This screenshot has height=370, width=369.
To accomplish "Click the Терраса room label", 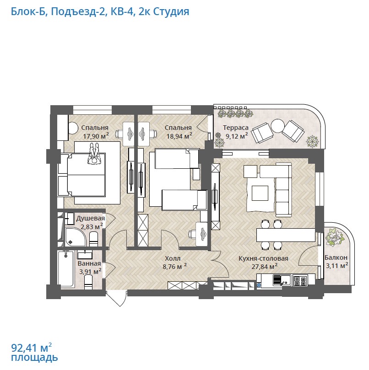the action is point(235,128).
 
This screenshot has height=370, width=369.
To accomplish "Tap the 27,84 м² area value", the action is point(264,267).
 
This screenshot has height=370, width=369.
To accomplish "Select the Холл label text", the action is point(173,258).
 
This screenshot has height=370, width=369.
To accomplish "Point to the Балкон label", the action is point(336,257).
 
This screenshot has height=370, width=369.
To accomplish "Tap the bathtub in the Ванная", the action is point(67,269).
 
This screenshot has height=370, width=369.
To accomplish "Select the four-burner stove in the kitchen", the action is point(300,280).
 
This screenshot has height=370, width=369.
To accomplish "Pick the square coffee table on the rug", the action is point(260,193).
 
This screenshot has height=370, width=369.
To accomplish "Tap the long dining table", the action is point(286,235).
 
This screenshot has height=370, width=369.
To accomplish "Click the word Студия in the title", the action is point(171,11).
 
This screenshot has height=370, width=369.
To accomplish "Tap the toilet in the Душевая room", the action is point(93,239).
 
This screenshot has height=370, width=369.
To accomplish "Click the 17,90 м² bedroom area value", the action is point(96,136).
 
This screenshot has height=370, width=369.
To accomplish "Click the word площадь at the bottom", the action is point(34,358).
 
